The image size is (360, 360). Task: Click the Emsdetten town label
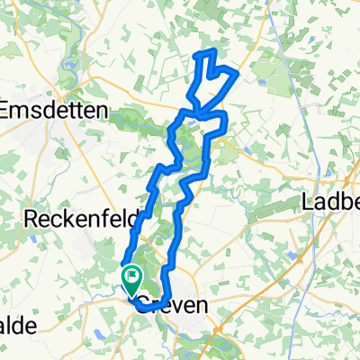click(x=56, y=109)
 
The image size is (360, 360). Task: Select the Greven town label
click(x=175, y=307)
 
